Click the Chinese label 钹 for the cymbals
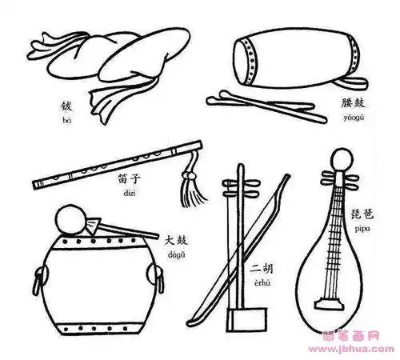[66, 106]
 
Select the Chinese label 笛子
[129, 180]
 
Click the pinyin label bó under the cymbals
[66, 118]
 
